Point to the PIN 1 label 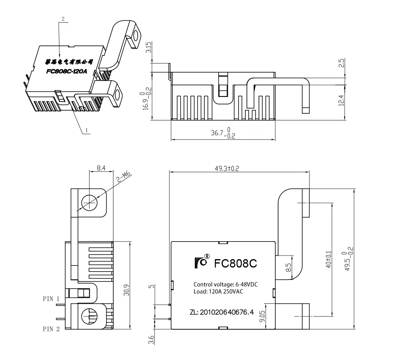51,298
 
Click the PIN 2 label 51,329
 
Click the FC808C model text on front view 235,264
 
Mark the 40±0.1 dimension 328,259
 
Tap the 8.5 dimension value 288,268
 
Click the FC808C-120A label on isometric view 66,72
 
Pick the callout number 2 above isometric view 63,19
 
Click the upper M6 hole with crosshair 89,203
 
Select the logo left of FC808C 202,263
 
